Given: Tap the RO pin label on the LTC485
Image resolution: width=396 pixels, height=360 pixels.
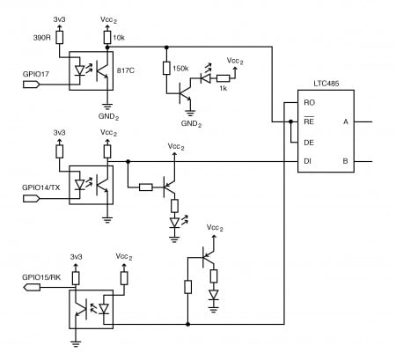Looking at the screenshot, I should tap(309, 103).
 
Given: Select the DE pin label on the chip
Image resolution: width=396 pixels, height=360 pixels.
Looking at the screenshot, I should tap(309, 142).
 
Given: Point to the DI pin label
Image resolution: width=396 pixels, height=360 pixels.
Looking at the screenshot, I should tap(309, 161).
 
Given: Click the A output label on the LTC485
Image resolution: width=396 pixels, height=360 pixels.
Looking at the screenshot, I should tap(356, 121).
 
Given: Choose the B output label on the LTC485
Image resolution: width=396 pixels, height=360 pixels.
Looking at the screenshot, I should tap(356, 161).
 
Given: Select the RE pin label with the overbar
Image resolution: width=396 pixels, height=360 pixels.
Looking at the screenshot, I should tap(309, 122).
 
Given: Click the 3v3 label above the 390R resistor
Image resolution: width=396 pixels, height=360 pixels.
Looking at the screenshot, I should tap(59, 18).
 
